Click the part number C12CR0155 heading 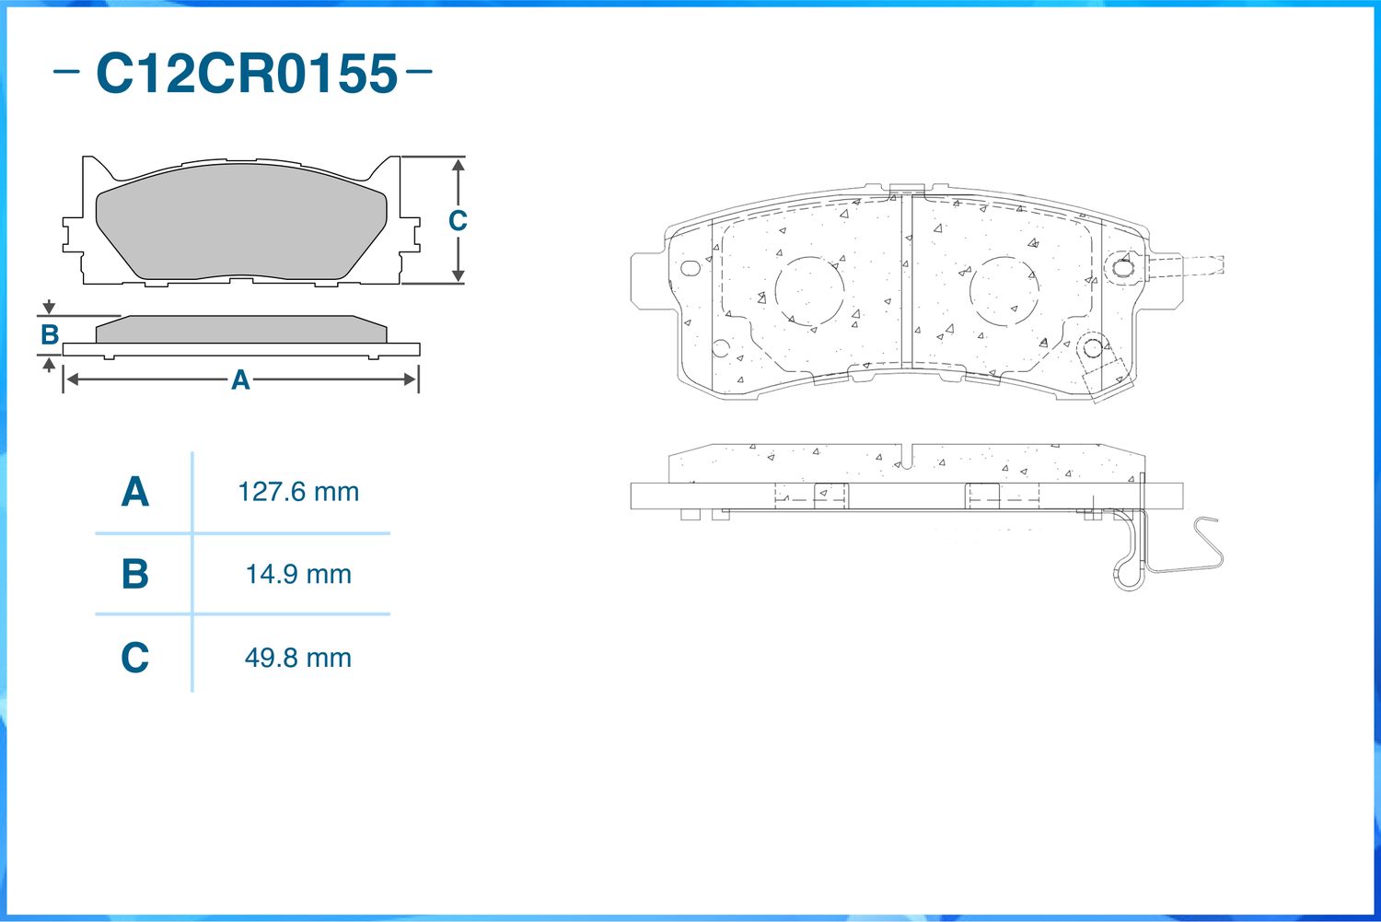(x=247, y=74)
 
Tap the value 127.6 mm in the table (x=298, y=492)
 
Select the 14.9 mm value (x=298, y=574)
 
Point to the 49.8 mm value (x=298, y=658)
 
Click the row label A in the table (x=135, y=492)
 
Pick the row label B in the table (x=135, y=574)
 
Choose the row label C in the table (x=135, y=658)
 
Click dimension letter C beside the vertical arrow (x=458, y=220)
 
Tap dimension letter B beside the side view (x=50, y=335)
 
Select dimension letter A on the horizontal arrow (x=240, y=379)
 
